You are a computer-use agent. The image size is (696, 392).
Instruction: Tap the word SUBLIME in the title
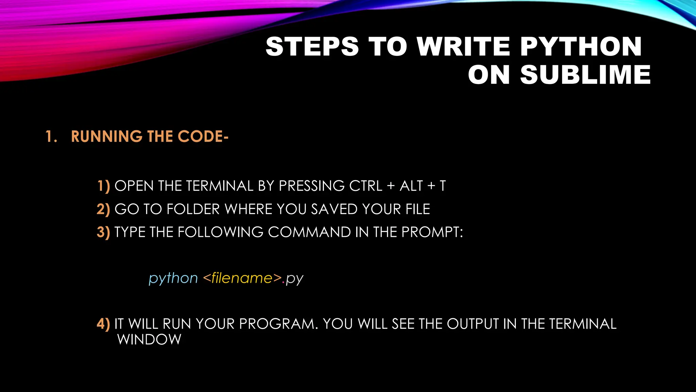tap(585, 75)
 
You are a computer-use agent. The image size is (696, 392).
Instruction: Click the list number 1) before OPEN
tap(104, 186)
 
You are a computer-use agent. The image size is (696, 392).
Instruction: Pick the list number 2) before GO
tap(103, 209)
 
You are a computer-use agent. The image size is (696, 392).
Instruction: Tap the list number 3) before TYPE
tap(103, 232)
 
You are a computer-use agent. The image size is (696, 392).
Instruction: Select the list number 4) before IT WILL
tap(103, 324)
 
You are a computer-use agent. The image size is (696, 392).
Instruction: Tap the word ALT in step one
tap(411, 186)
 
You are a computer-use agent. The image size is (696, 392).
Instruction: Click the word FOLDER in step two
tap(193, 209)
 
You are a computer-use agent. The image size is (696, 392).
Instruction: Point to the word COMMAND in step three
tap(309, 232)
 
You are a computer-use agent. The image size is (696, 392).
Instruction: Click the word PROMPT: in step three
tap(432, 232)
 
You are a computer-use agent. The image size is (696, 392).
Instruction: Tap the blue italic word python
tap(173, 279)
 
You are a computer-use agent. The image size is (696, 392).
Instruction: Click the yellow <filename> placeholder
tap(242, 278)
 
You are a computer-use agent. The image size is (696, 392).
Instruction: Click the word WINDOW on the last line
tap(149, 340)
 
